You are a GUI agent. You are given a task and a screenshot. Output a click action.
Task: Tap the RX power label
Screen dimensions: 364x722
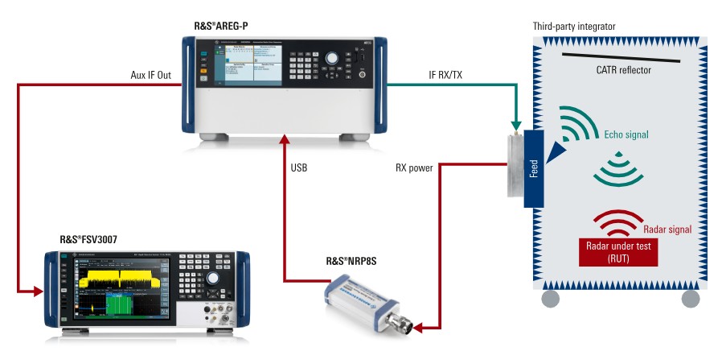pyautogui.click(x=413, y=168)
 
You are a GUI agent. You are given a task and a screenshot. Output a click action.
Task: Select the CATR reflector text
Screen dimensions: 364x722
pyautogui.click(x=624, y=70)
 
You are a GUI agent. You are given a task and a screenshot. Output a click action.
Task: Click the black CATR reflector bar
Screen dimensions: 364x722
pyautogui.click(x=621, y=57)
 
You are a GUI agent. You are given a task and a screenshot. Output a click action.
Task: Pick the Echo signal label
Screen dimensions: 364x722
pyautogui.click(x=624, y=134)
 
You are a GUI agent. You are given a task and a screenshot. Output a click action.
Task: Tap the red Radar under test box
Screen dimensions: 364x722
pyautogui.click(x=617, y=252)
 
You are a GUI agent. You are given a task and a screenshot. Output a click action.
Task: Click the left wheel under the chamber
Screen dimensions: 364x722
pyautogui.click(x=550, y=299)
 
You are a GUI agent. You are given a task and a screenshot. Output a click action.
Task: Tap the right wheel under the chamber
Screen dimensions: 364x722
pyautogui.click(x=690, y=299)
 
